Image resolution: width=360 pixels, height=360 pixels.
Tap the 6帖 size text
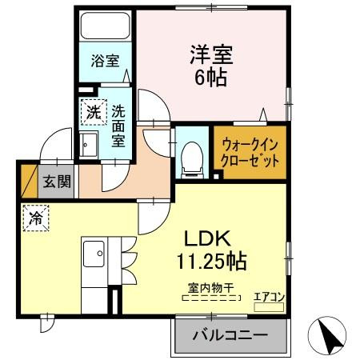tap(211, 78)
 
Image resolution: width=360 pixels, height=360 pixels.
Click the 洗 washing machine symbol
tap(93, 112)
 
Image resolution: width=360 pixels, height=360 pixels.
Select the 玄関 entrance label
tap(57, 181)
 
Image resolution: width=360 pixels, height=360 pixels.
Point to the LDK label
tap(209, 238)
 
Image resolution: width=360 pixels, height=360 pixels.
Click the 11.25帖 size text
tap(210, 262)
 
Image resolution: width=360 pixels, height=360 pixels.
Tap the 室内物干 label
tap(210, 287)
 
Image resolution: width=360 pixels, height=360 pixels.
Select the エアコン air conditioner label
tap(269, 297)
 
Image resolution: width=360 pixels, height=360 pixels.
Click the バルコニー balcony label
tap(229, 336)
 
